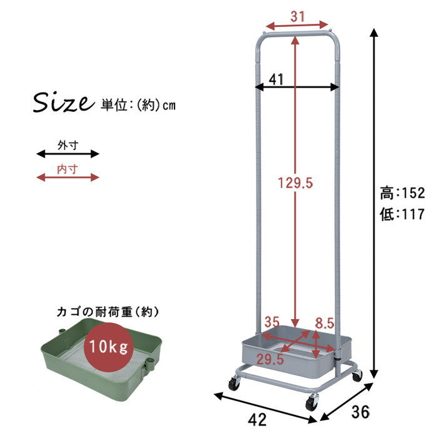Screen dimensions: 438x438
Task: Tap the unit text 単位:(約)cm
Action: [138, 104]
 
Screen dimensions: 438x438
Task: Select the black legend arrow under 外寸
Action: [68, 153]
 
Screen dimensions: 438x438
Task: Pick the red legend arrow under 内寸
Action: [68, 177]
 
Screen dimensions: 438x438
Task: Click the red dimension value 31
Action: [298, 16]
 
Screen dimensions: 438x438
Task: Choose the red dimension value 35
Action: [271, 323]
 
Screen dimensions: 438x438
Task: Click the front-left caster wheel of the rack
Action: [233, 384]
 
